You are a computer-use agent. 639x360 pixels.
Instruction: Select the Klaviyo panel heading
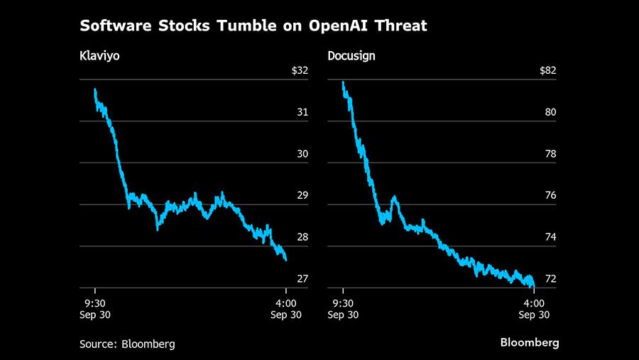pos(99,55)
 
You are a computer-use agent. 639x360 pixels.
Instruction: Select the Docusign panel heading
pos(351,55)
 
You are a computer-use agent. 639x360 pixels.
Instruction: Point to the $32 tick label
pos(300,70)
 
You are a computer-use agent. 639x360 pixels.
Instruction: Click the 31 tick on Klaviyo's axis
pos(302,112)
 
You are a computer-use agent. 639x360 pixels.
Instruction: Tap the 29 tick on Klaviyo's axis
pos(302,195)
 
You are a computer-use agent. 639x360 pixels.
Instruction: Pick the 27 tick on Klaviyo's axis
pos(302,278)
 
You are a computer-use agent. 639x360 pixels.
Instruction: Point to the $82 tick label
pos(547,70)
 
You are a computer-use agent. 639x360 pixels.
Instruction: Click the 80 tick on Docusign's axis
pos(550,112)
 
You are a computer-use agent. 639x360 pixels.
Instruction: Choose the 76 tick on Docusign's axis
pos(550,195)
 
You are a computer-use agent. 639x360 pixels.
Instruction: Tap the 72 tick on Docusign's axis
pos(550,278)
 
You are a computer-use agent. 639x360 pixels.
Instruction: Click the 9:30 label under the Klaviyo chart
pos(95,302)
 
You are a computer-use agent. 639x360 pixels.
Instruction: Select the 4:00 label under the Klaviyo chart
pos(285,302)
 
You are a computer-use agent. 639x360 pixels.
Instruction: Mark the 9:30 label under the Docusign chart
pos(343,302)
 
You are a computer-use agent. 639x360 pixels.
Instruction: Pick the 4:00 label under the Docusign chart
pos(533,302)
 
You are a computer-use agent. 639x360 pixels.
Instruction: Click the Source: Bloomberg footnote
pos(127,344)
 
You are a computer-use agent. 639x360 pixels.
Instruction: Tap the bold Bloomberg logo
pos(529,342)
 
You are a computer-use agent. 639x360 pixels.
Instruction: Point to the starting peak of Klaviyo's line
pos(95,89)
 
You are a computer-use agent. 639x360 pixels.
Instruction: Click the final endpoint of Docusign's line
pos(533,286)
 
